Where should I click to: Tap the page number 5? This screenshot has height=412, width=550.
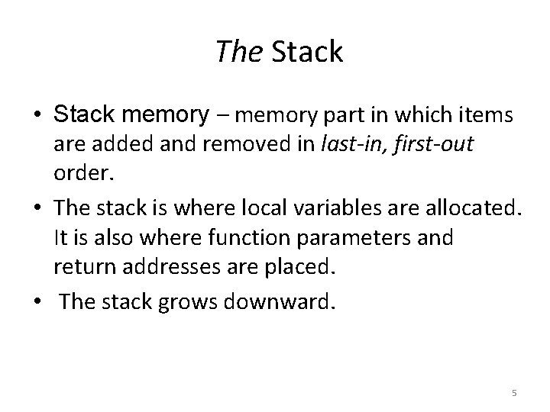click(x=514, y=392)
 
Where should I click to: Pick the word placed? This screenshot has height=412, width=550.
click(x=305, y=268)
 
